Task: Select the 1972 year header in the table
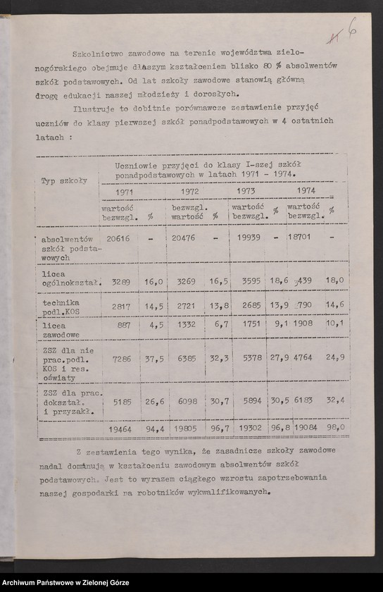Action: [189, 191]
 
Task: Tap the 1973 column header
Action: [246, 191]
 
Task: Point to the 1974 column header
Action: [306, 190]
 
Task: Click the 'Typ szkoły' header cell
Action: [64, 180]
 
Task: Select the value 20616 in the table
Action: [118, 238]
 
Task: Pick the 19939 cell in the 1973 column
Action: [246, 238]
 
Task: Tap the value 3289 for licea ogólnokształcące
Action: [120, 281]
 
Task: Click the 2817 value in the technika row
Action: [120, 307]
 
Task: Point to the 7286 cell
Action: [120, 359]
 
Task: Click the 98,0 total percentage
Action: [334, 427]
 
